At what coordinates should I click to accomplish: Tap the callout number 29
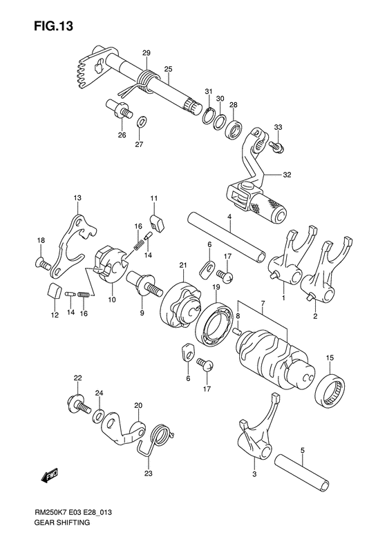pyautogui.click(x=147, y=53)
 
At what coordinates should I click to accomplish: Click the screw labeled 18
pyautogui.click(x=43, y=262)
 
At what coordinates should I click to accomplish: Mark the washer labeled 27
pyautogui.click(x=140, y=122)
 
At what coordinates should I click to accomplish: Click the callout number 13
pyautogui.click(x=78, y=197)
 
